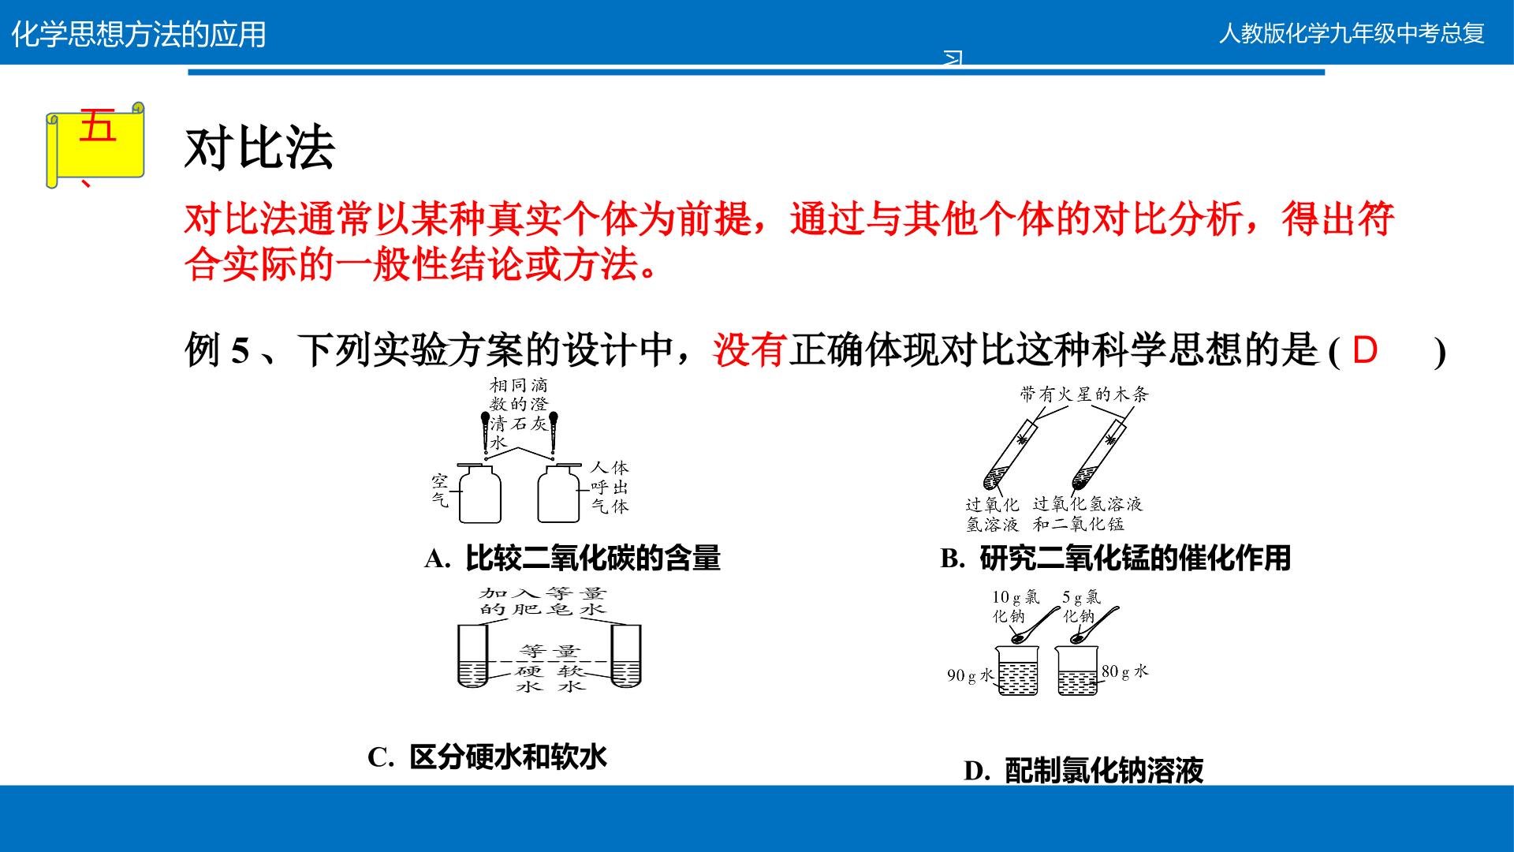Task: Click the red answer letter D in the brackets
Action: pyautogui.click(x=1365, y=349)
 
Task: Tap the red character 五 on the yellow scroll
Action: pyautogui.click(x=98, y=126)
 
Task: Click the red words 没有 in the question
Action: pyautogui.click(x=750, y=349)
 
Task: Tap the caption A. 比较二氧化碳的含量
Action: pyautogui.click(x=572, y=559)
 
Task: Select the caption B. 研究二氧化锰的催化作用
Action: pyautogui.click(x=1116, y=559)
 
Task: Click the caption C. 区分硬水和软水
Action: pyautogui.click(x=487, y=757)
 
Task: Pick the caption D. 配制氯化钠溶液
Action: pyautogui.click(x=1083, y=771)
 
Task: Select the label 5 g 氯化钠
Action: pyautogui.click(x=1081, y=607)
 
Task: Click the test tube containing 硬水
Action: pyautogui.click(x=472, y=656)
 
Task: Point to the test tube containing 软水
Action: pyautogui.click(x=626, y=656)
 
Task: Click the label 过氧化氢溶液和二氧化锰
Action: pyautogui.click(x=1087, y=514)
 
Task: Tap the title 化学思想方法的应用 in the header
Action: pyautogui.click(x=139, y=35)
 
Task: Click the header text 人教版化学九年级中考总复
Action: pyautogui.click(x=1352, y=34)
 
